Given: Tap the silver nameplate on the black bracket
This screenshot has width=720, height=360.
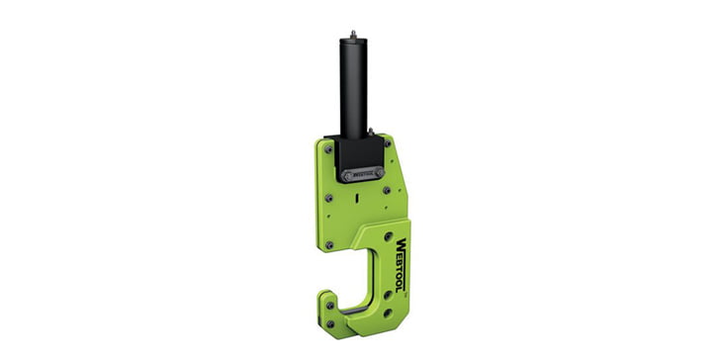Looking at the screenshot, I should click(x=363, y=174).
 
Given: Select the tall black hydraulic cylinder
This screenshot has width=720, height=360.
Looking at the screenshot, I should click(x=355, y=89).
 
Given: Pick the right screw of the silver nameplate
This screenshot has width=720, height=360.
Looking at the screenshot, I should click(x=379, y=172).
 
